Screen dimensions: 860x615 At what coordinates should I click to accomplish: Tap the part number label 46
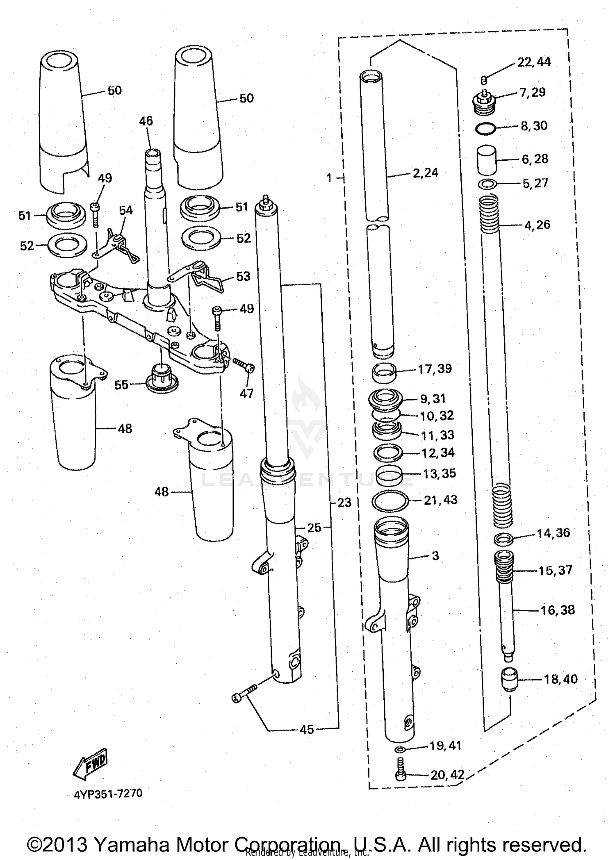146,121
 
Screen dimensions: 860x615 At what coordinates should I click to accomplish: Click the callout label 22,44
534,62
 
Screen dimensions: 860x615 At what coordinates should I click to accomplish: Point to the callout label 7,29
532,92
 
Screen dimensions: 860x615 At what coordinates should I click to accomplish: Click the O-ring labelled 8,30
486,129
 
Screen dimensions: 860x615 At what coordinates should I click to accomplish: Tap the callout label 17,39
435,369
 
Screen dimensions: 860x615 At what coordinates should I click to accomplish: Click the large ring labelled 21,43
390,501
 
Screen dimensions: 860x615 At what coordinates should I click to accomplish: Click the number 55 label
121,385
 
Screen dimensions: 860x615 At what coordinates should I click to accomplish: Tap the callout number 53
243,276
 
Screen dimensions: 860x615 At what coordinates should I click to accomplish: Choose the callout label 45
307,730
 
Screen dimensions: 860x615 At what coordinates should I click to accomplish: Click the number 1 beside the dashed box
329,178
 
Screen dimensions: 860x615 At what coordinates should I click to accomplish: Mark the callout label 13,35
439,473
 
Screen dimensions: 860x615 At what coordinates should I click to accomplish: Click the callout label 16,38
557,610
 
